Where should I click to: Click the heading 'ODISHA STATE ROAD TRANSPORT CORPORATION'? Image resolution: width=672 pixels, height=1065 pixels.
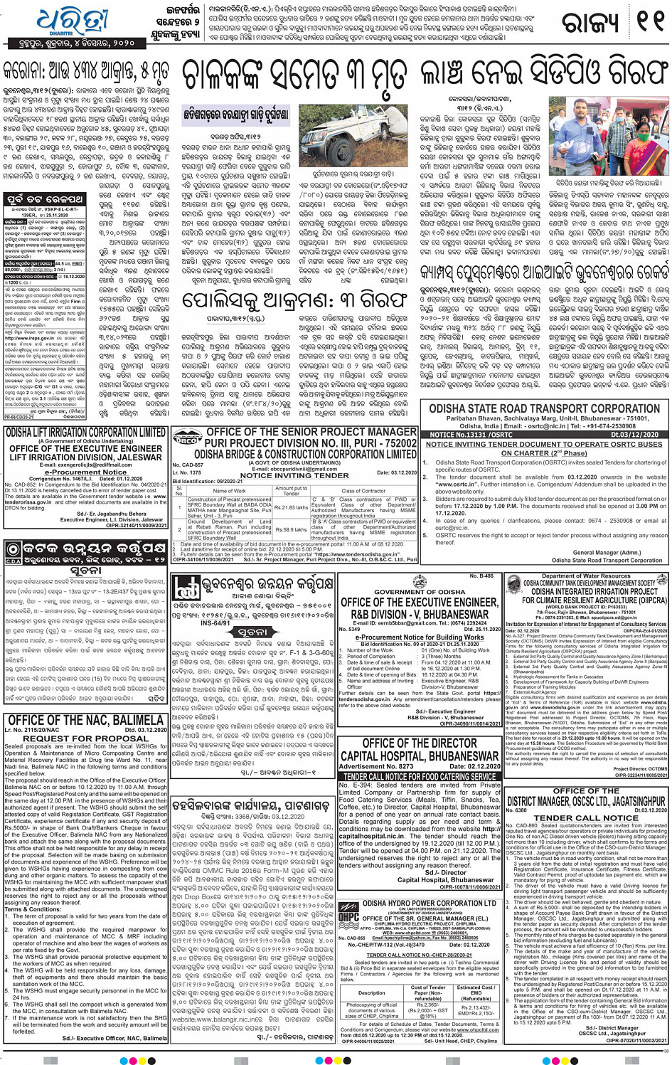544,408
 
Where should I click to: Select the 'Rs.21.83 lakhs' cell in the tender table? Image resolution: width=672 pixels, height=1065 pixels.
290,507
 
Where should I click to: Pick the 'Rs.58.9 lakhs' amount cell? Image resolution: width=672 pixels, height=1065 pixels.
290,530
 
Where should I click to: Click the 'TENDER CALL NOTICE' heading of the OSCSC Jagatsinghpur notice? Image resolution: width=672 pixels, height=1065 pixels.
586,817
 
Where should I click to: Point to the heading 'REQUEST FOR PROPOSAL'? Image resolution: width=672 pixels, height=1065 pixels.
85,738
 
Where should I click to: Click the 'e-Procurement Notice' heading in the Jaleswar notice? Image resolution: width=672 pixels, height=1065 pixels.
85,472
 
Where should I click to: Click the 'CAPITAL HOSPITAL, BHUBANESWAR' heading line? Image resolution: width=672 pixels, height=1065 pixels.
420,756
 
